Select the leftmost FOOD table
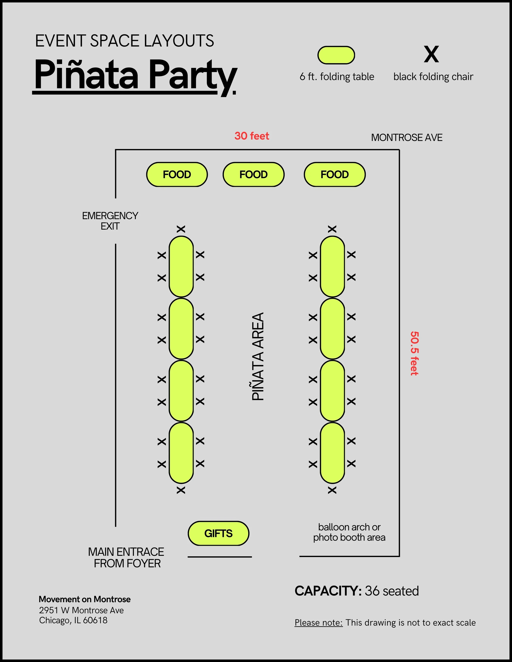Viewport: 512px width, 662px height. click(x=177, y=175)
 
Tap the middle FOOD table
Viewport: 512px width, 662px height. click(x=254, y=175)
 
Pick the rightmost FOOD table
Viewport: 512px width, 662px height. click(x=335, y=175)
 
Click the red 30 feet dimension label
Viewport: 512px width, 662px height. click(x=251, y=136)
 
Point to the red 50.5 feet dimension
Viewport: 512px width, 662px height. click(x=414, y=353)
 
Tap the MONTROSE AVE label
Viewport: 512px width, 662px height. click(x=407, y=138)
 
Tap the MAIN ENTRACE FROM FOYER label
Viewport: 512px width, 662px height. click(x=126, y=558)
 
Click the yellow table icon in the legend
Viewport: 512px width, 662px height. click(x=336, y=55)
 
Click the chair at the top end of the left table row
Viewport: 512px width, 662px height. click(x=181, y=229)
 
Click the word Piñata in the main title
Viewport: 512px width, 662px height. click(x=86, y=74)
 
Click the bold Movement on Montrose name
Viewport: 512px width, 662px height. click(x=85, y=599)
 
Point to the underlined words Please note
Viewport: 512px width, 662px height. click(x=318, y=623)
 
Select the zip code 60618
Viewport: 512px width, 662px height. click(x=95, y=620)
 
